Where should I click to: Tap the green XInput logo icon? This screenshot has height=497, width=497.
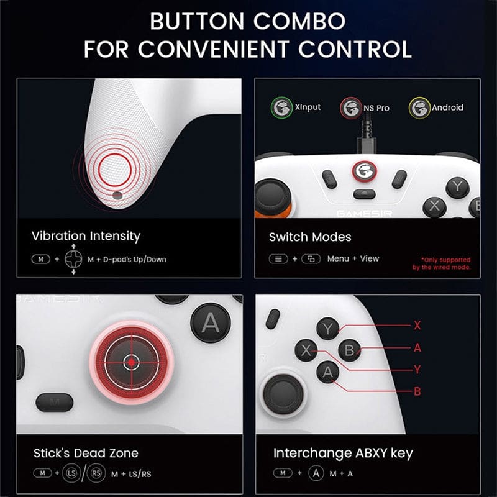click(282, 107)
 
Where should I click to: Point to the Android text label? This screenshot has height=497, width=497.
click(447, 107)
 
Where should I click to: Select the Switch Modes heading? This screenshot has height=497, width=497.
click(310, 237)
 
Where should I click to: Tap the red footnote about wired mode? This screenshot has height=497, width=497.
click(441, 263)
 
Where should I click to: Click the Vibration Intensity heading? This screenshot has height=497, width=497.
click(86, 236)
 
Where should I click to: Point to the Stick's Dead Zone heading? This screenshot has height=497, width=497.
click(86, 453)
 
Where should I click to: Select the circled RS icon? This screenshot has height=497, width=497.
click(95, 474)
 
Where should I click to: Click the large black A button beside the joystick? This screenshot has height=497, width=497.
click(211, 323)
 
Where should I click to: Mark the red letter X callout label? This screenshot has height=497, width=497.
click(417, 325)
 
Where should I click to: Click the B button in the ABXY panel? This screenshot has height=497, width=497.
click(349, 350)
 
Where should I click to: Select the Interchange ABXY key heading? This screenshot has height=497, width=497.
click(343, 453)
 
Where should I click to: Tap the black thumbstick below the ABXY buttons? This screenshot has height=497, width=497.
click(283, 393)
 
